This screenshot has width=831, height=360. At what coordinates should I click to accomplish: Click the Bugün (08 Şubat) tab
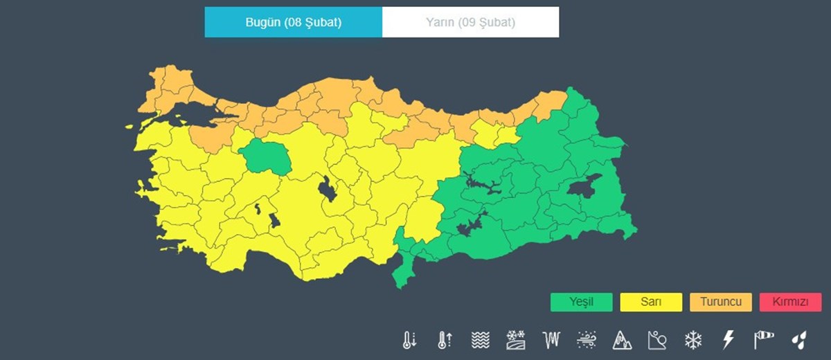click(x=293, y=22)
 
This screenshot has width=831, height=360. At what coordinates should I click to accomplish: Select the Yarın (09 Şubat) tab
click(x=470, y=22)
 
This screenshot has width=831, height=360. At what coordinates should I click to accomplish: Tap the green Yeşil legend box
click(x=582, y=303)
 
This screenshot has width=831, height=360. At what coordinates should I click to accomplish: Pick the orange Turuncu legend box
click(x=721, y=303)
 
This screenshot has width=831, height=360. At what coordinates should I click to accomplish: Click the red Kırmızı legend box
click(x=790, y=303)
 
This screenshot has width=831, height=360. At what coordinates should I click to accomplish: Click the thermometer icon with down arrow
click(x=409, y=340)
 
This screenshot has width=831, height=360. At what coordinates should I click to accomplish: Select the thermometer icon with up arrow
click(x=445, y=340)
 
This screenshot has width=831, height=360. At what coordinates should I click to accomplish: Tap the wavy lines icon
click(x=480, y=340)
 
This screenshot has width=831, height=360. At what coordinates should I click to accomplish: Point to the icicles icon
click(x=551, y=340)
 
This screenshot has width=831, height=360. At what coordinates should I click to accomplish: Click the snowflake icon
click(x=692, y=340)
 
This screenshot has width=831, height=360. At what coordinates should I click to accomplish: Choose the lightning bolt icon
click(x=728, y=340)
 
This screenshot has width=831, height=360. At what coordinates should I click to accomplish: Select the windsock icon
click(x=763, y=340)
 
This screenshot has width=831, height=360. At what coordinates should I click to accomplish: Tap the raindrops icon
click(x=799, y=340)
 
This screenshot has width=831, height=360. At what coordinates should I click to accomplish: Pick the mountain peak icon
click(x=622, y=340)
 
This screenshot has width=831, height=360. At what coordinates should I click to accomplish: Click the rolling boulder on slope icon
click(x=657, y=340)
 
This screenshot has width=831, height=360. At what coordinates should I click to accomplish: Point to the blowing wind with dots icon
click(x=587, y=340)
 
